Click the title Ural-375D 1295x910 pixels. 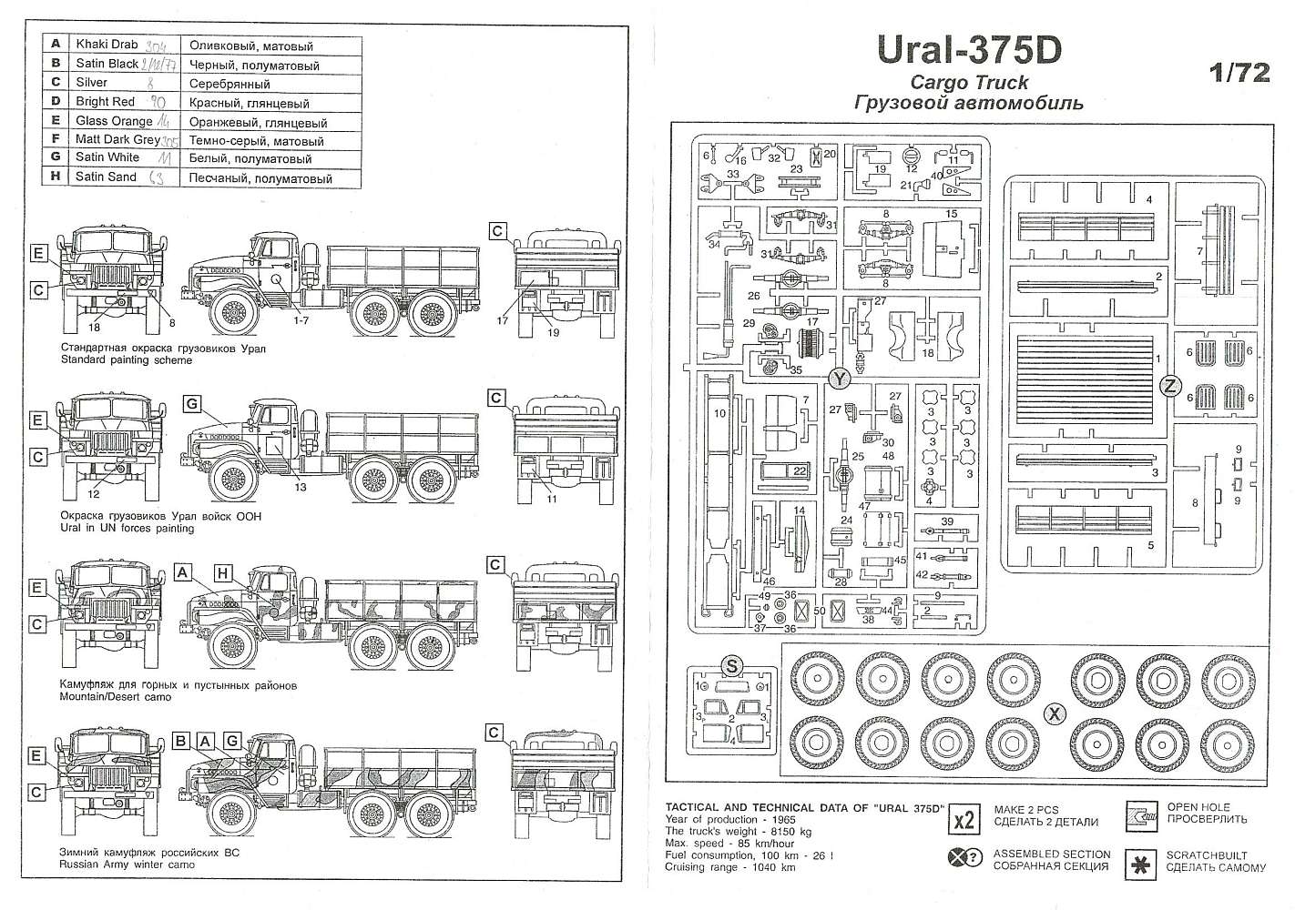[969, 50]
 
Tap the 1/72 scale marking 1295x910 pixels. [1239, 74]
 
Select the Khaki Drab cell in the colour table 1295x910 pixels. [107, 45]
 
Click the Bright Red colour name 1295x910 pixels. [105, 102]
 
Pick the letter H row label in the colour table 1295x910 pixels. [56, 177]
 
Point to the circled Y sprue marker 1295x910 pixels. [838, 378]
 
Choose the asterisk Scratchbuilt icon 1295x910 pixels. [1140, 862]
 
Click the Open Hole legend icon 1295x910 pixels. [1140, 814]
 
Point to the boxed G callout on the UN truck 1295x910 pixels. [191, 403]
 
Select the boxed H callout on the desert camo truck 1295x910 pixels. [222, 572]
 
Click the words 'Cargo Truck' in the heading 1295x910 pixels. [969, 83]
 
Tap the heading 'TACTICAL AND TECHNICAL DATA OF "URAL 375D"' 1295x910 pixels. [804, 807]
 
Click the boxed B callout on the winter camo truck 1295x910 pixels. [181, 741]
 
